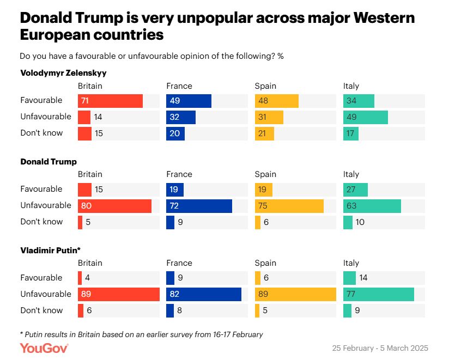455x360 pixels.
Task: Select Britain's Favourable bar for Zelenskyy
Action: coord(110,101)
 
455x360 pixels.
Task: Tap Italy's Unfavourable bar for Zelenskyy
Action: coord(365,117)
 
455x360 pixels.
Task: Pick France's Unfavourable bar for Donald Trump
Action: coord(199,206)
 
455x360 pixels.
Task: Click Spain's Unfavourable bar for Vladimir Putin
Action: coord(295,294)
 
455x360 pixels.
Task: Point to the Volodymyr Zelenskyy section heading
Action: coord(63,72)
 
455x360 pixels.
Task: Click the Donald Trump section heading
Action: coord(48,162)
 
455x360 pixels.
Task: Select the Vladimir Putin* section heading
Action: coord(51,250)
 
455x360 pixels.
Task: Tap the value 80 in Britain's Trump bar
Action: coord(86,206)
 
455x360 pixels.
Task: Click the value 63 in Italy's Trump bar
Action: coord(351,206)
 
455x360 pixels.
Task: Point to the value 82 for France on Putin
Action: coord(174,294)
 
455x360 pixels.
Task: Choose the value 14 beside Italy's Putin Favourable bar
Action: coord(363,278)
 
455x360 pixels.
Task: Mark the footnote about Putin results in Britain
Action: coord(141,334)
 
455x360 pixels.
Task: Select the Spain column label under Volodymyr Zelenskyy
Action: coord(265,86)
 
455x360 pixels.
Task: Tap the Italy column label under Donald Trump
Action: coord(351,174)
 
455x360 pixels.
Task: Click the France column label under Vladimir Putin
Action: coord(179,263)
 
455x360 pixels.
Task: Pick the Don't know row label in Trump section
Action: coord(41,222)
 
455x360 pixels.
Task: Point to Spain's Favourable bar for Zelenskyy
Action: coord(276,101)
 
